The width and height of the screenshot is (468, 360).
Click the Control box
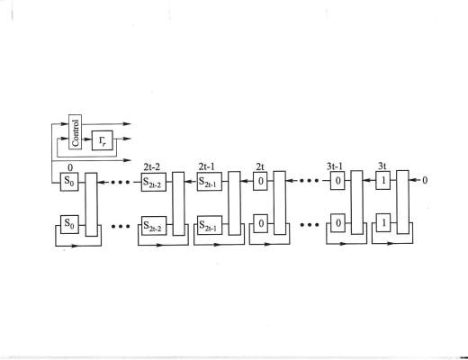coord(75,131)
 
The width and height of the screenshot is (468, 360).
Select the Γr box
coord(103,140)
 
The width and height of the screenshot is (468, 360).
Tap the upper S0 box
coord(69,182)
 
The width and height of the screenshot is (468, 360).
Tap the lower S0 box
coord(69,224)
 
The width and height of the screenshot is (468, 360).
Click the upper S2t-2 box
coord(154,182)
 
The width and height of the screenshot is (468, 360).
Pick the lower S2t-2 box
coord(154,226)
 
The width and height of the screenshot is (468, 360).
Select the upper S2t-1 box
coord(210,182)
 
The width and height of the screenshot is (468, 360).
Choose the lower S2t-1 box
coord(210,225)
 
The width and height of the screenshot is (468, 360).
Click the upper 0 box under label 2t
coord(260,181)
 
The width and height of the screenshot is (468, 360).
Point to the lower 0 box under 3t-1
coord(337,223)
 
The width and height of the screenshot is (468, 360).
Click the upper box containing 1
coord(383,180)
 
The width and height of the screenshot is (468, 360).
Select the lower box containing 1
coord(383,223)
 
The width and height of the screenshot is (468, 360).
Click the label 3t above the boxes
coord(382,166)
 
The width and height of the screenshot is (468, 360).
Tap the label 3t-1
coord(335,166)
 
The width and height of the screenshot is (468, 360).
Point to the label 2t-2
coord(152,166)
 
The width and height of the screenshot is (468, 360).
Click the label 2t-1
coord(207,166)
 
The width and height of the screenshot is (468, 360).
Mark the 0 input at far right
coord(425,180)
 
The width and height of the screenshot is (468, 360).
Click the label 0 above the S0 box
coord(70,167)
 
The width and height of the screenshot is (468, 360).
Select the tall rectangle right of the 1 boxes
coord(403,202)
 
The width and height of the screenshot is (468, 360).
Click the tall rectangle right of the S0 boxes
coord(91,204)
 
